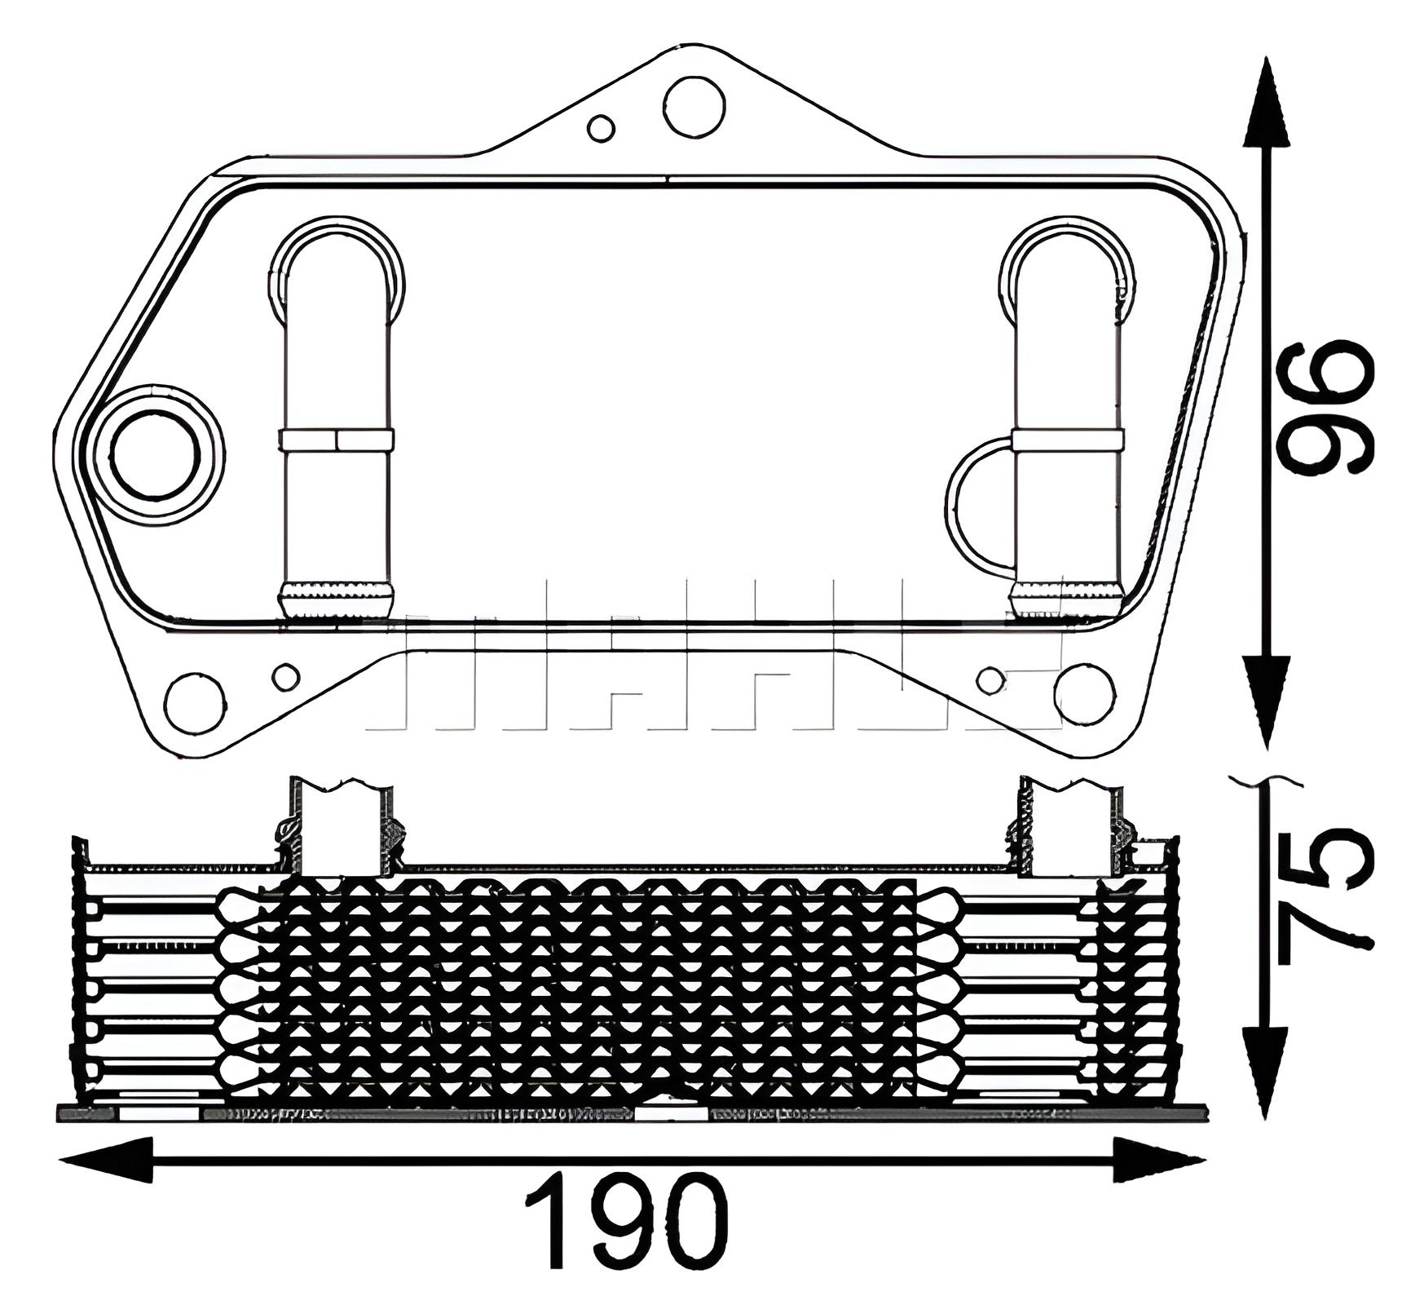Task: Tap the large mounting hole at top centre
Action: [694, 107]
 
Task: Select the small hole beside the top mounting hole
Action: [602, 128]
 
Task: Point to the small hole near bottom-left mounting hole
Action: [285, 675]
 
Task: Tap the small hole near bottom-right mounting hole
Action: [990, 678]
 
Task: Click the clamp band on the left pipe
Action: [337, 440]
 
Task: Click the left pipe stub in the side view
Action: [342, 824]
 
